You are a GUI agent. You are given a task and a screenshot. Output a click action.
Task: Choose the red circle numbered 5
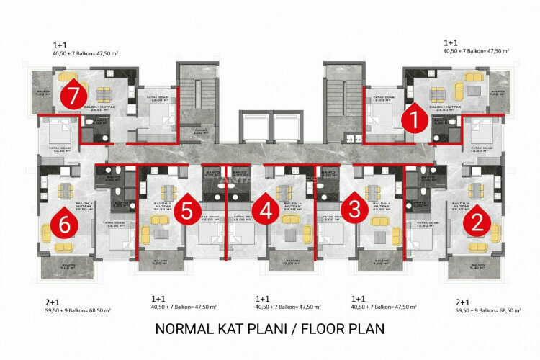(x=187, y=210)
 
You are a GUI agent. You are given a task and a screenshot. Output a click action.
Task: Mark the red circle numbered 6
(x=66, y=223)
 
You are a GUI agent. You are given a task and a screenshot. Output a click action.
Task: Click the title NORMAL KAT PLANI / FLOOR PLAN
(x=270, y=329)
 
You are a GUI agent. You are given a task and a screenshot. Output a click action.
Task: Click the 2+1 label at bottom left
(x=52, y=302)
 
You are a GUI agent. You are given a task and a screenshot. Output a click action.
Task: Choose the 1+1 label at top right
(x=451, y=43)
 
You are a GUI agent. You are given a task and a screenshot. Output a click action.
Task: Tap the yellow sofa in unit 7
(x=67, y=76)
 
